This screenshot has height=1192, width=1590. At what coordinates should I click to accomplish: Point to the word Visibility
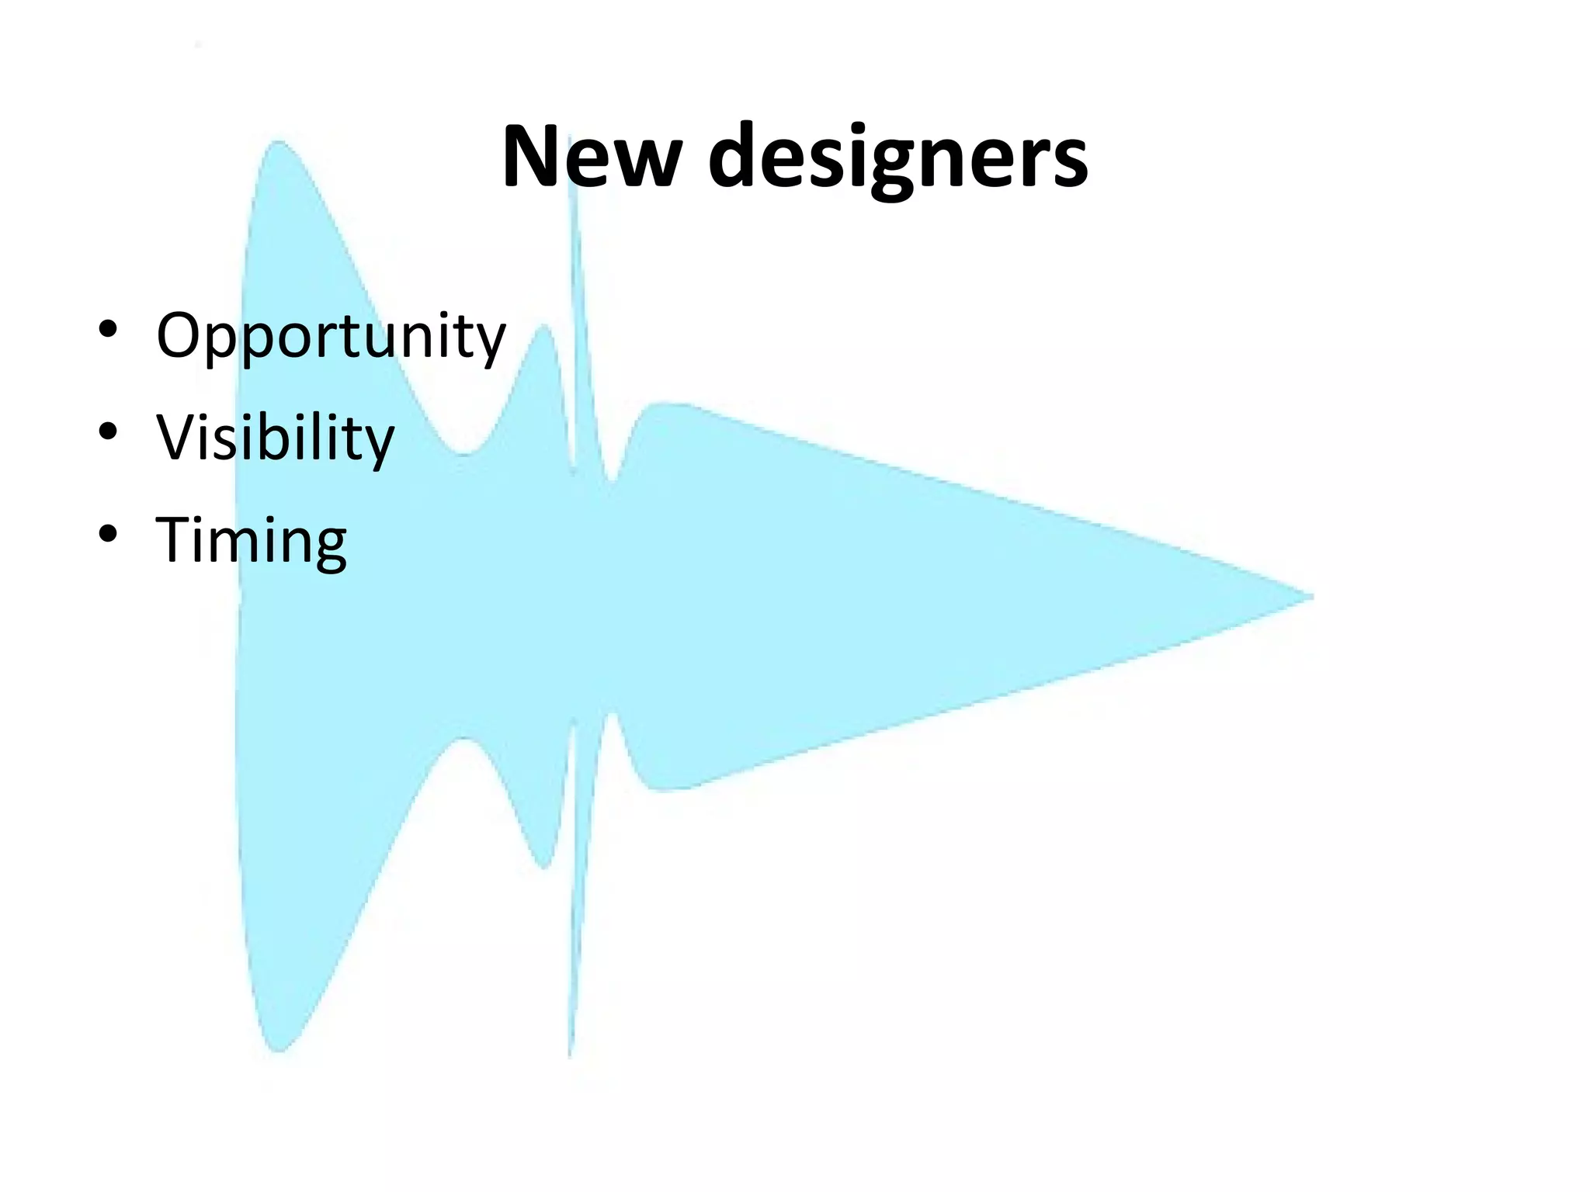tap(275, 438)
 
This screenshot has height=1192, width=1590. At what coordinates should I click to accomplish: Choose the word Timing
tap(252, 540)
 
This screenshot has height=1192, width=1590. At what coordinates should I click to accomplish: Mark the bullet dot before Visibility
tap(108, 431)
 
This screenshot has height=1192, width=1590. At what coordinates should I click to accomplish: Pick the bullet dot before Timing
tap(108, 533)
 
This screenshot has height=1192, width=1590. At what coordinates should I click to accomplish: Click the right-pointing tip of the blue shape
tap(1311, 597)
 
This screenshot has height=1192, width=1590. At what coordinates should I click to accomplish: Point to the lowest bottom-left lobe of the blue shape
tap(278, 1046)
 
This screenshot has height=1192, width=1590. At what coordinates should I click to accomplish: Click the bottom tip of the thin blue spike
tap(570, 1054)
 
